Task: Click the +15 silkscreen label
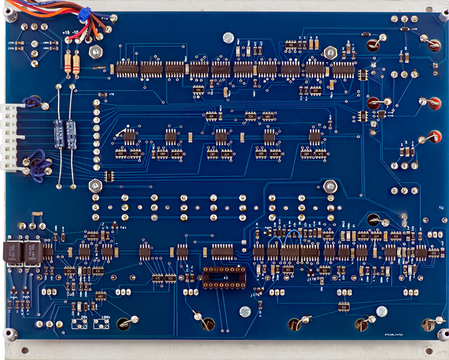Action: tap(67, 33)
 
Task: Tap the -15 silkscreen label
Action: tap(76, 33)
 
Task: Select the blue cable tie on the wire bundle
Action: tap(84, 15)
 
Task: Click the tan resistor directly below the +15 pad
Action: tap(68, 63)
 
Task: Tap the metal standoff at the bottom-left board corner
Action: tap(10, 335)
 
